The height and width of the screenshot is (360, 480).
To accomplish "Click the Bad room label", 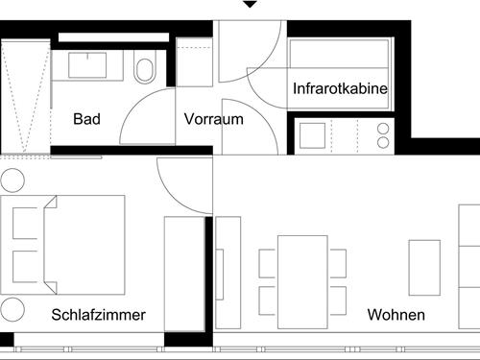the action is coord(86,120).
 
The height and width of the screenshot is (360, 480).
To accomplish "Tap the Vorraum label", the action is coord(213,120).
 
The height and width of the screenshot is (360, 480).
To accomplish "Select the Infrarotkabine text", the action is coord(340,89).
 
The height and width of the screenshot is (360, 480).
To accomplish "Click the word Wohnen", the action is coord(396,315).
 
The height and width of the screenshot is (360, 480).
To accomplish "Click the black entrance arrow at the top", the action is coord(250,5).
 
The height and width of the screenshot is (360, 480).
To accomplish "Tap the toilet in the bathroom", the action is coord(145,70).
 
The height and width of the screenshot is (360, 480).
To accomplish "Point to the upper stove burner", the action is coord(383,128).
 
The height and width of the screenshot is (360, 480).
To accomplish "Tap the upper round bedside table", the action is coord(12,180).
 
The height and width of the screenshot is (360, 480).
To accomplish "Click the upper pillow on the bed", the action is coord(25,225).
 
